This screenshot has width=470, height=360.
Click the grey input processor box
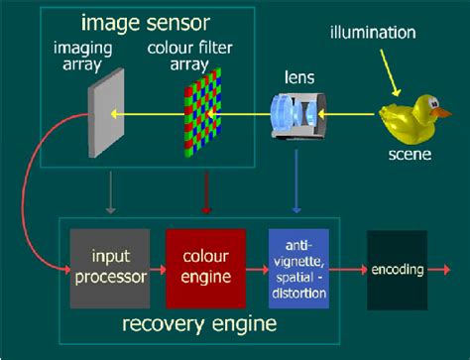click(110, 266)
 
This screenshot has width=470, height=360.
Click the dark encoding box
click(397, 268)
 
